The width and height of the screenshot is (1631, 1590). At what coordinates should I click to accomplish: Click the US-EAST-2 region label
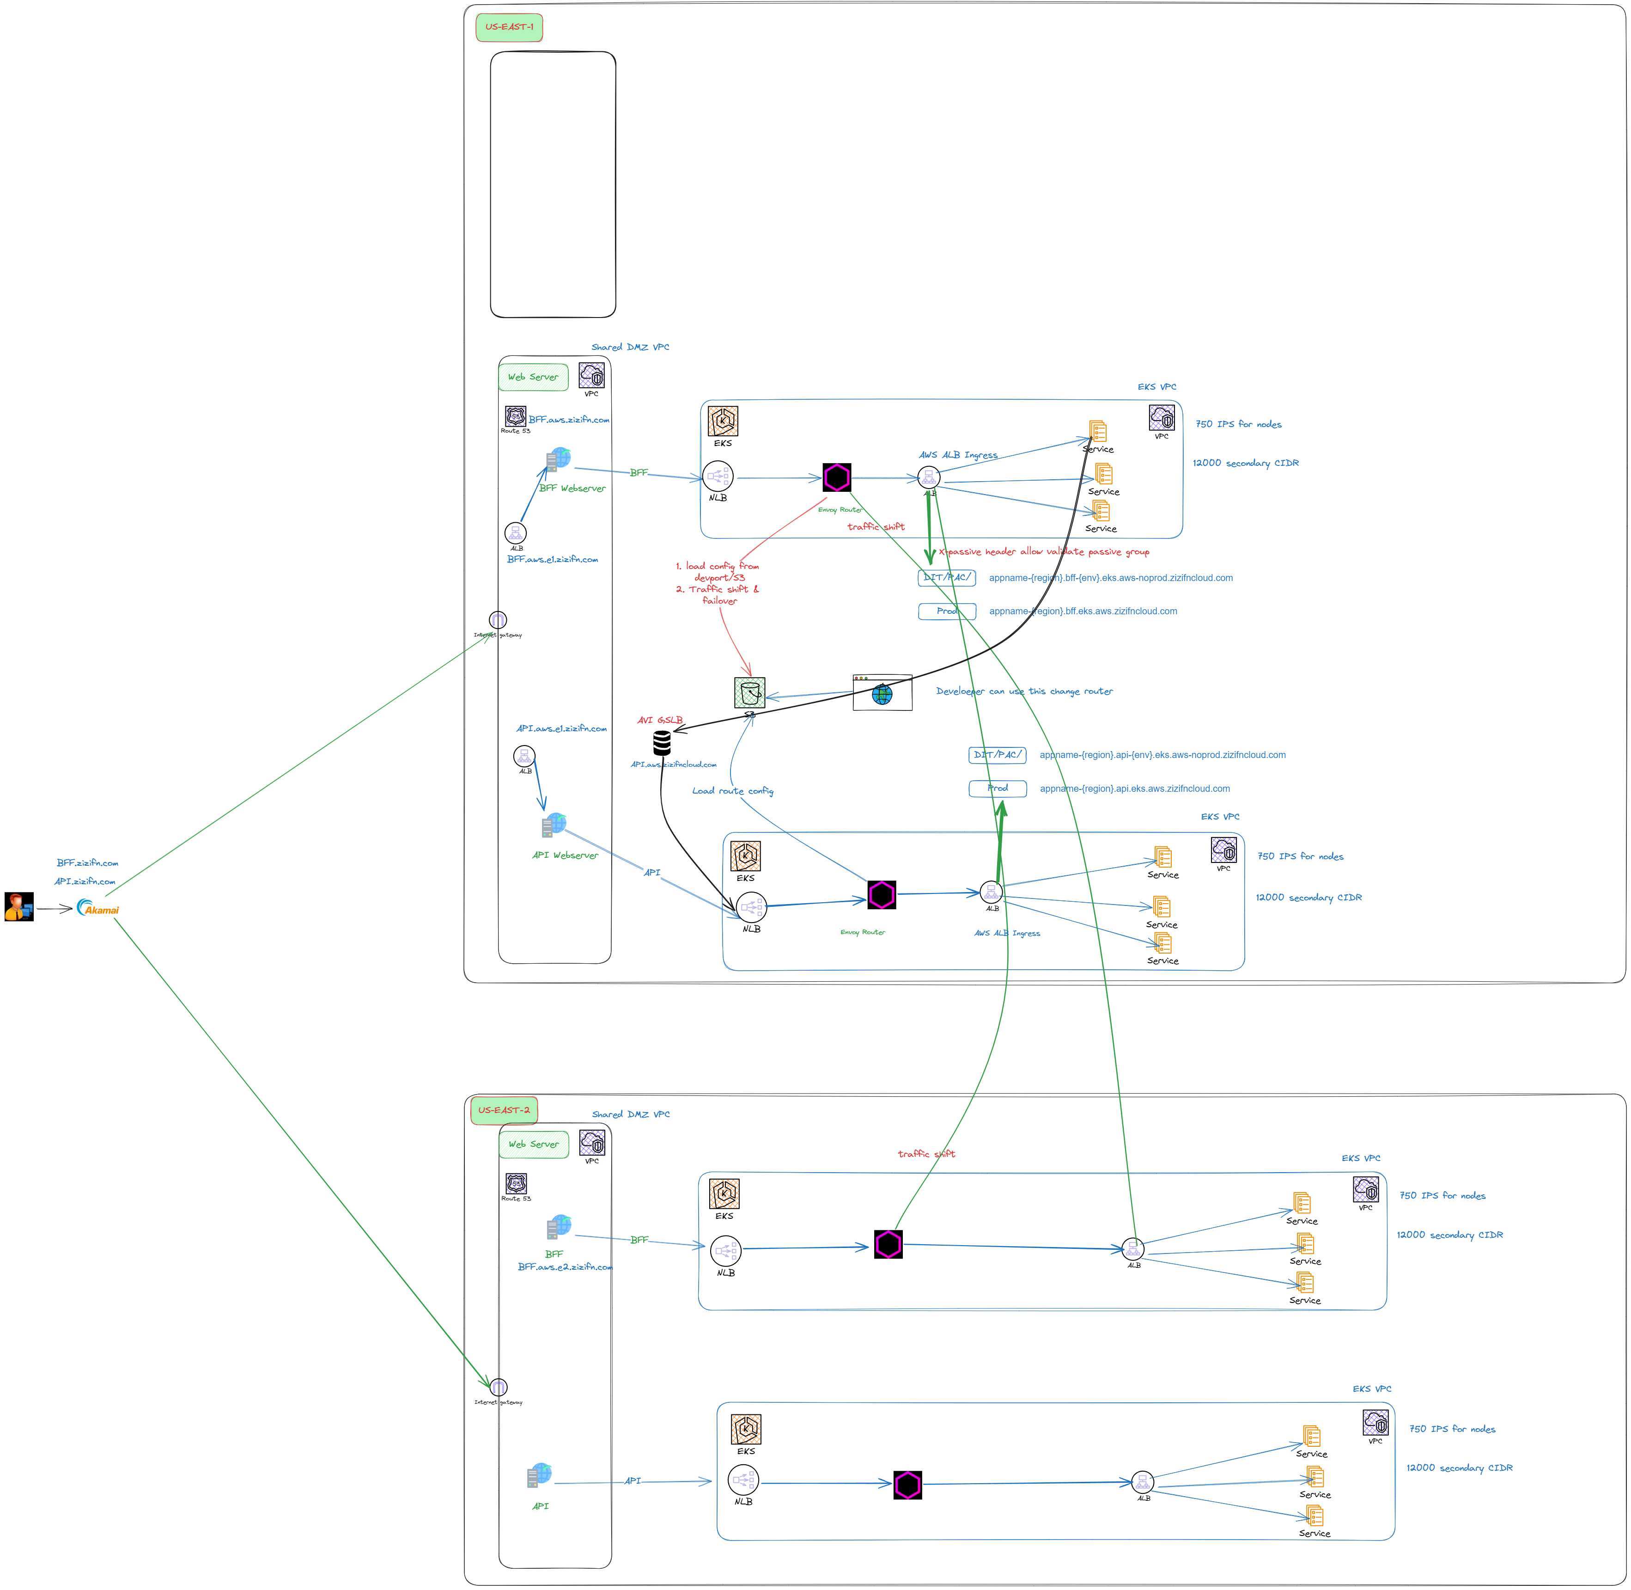pos(504,1110)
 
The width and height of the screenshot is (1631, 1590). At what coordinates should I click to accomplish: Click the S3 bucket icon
pos(749,693)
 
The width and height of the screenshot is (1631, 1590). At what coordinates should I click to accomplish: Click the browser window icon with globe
pos(882,692)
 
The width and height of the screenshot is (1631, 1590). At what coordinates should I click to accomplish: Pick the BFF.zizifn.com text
pos(88,862)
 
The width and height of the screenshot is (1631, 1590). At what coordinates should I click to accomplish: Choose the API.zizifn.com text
pos(85,881)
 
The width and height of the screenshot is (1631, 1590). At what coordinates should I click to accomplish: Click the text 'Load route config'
pos(733,791)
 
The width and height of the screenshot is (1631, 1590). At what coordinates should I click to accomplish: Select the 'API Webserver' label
pos(565,855)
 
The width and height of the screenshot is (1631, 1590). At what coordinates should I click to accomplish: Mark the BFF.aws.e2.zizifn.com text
pos(565,1267)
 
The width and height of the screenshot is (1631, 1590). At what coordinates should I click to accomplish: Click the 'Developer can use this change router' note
pos(1024,691)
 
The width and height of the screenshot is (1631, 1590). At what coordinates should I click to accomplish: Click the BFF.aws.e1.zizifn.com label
pos(553,560)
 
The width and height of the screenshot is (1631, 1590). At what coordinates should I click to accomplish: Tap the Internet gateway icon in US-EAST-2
pos(499,1388)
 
